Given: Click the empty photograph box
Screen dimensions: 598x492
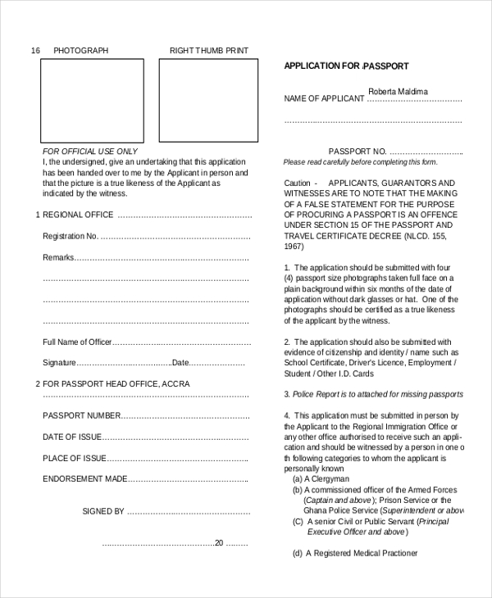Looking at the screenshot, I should [x=92, y=100].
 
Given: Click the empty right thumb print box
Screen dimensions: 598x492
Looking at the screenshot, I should [x=208, y=100].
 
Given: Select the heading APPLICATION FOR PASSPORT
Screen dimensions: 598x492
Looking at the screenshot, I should [x=346, y=66].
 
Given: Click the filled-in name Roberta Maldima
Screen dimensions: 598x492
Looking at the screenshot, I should [x=398, y=91].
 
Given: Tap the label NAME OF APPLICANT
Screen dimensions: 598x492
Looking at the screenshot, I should [x=324, y=99].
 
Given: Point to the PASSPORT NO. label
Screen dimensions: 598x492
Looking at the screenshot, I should [x=357, y=152].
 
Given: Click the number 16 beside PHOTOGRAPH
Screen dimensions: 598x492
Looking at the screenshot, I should [x=35, y=51].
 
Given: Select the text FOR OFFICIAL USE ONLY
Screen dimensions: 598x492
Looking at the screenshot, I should [x=90, y=152].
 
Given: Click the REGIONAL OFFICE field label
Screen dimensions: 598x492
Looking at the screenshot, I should [x=78, y=215].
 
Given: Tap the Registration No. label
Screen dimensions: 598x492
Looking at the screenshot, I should [x=70, y=236].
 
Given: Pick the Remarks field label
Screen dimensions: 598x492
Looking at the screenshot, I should [x=58, y=257].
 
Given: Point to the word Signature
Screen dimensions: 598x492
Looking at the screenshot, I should [x=59, y=363].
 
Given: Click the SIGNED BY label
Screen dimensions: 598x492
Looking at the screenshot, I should [x=103, y=511].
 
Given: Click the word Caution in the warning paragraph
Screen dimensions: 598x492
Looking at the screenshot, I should [x=297, y=183].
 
